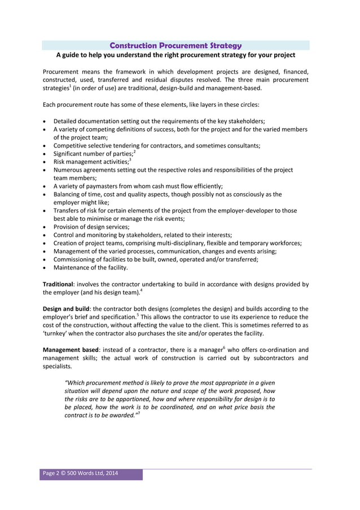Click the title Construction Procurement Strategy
[x=175, y=45]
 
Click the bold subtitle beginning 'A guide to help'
[x=175, y=55]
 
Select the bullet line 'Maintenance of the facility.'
[x=90, y=267]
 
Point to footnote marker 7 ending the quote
[x=139, y=413]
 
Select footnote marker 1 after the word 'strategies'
[x=71, y=86]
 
